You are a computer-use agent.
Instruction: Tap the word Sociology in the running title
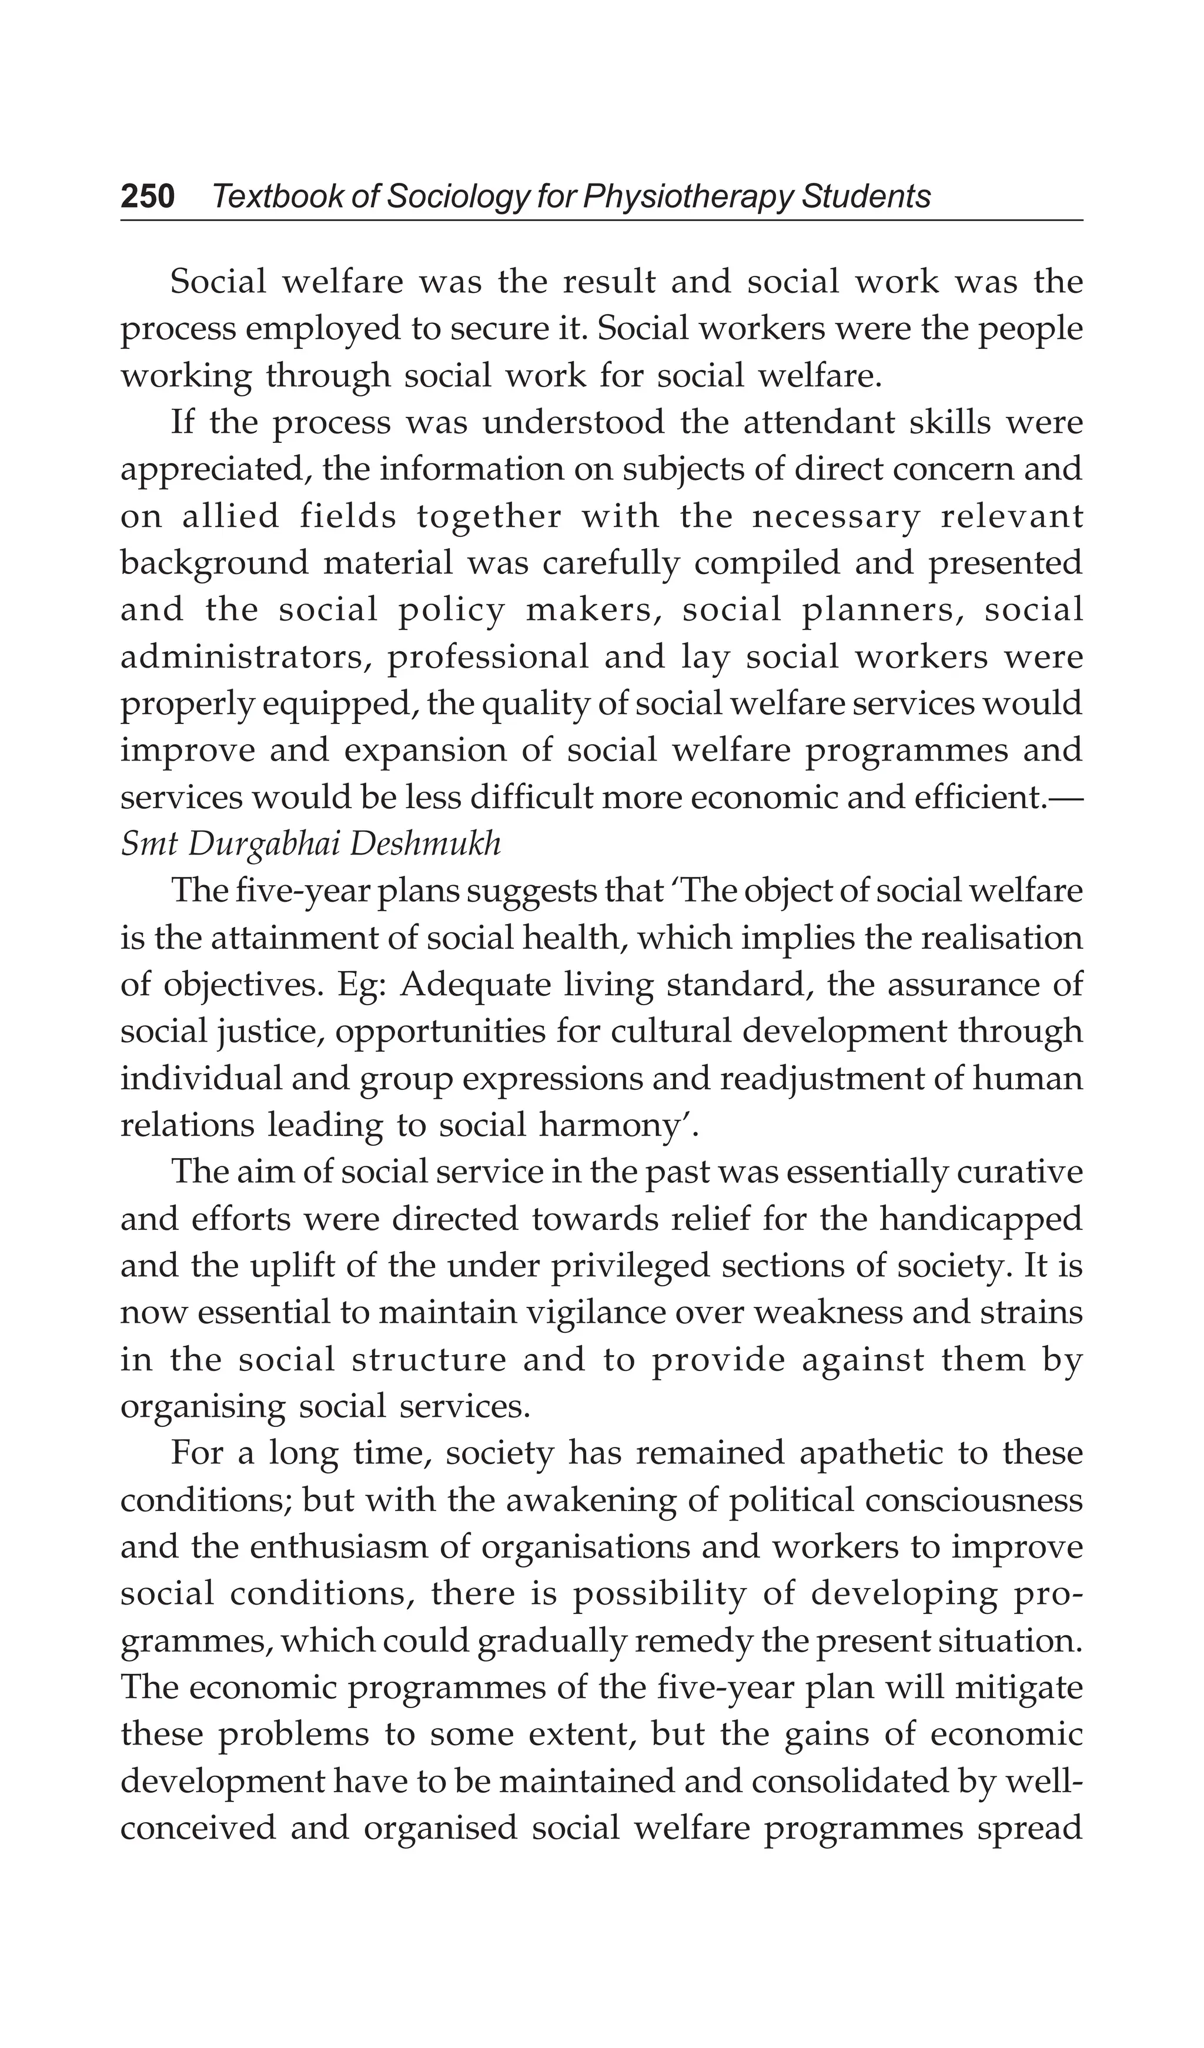click(457, 196)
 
